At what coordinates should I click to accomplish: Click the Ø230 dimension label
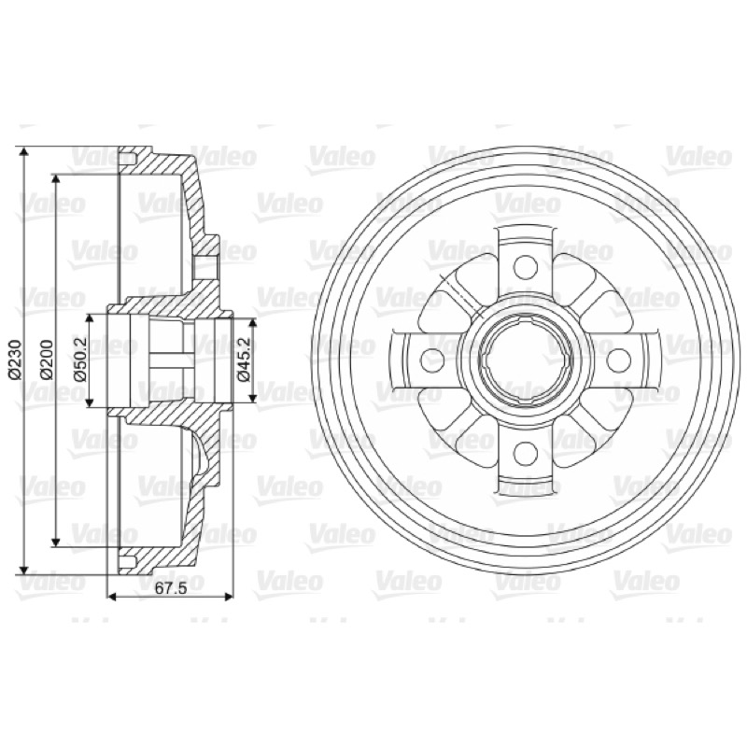tap(15, 359)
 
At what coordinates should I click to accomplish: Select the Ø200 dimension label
tap(47, 359)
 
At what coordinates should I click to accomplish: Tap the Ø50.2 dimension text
tap(79, 359)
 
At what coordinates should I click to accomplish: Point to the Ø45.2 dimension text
tap(244, 359)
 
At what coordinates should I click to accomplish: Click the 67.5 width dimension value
tap(170, 587)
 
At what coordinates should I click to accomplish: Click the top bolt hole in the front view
tap(526, 267)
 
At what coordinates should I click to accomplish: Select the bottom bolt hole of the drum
tap(526, 452)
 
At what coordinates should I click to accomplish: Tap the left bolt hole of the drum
tap(432, 359)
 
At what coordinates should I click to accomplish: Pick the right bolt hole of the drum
tap(618, 359)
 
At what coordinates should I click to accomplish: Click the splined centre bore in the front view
tap(526, 359)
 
